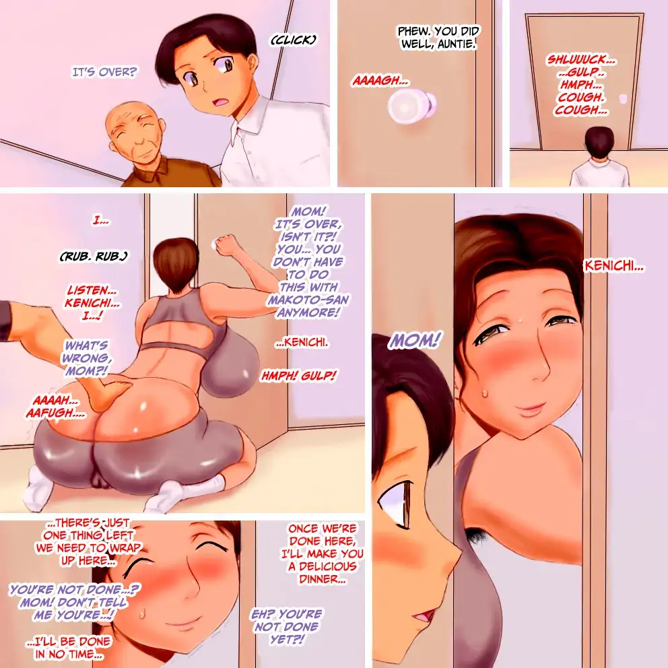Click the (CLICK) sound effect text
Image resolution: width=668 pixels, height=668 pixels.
tap(294, 40)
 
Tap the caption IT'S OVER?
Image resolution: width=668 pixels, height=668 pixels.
tap(104, 73)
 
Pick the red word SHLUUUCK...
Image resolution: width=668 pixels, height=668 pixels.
tap(582, 60)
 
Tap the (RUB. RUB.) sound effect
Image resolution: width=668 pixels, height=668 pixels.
tap(94, 257)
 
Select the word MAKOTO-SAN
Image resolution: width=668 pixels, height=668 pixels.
tap(308, 300)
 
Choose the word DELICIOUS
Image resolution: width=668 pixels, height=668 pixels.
tap(328, 566)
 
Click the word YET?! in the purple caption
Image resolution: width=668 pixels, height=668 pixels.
tap(288, 640)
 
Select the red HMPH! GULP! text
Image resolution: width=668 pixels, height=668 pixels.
tap(298, 376)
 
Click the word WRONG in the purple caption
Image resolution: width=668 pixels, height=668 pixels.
tap(86, 358)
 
